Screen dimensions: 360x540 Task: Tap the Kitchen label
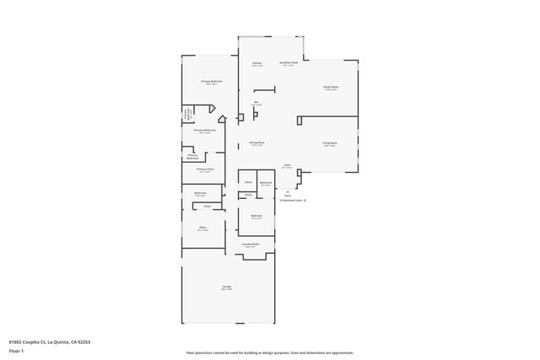coord(256,63)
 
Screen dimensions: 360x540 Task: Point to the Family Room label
coord(330,87)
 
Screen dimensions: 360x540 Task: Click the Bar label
coord(256,102)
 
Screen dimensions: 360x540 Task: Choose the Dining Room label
coord(257,142)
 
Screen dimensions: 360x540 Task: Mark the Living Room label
coord(330,142)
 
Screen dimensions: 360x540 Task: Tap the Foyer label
coord(287,165)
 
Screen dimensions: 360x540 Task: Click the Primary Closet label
coord(205,169)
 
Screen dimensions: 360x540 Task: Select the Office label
coord(202,228)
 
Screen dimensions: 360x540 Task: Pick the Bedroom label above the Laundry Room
coord(257,216)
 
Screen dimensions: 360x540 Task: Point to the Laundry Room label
coord(251,244)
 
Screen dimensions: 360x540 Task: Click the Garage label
coord(227,287)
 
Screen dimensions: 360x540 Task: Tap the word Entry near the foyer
coord(287,195)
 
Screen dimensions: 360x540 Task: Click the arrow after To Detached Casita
coord(305,201)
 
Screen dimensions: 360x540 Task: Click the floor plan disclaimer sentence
coord(270,352)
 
